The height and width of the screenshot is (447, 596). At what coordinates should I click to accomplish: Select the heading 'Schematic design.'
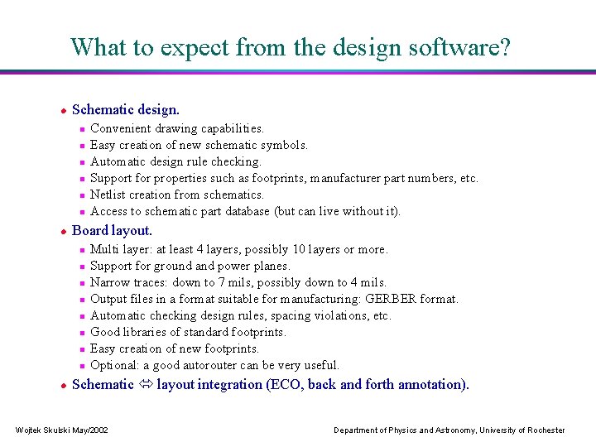[126, 109]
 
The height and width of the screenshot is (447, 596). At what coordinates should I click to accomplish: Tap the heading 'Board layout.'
[113, 230]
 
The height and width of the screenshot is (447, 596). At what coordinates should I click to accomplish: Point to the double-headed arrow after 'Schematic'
[145, 384]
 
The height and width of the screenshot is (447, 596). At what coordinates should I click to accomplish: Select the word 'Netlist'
[108, 195]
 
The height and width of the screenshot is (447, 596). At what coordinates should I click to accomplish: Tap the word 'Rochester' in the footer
[546, 430]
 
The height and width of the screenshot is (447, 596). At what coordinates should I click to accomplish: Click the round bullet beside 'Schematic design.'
[62, 110]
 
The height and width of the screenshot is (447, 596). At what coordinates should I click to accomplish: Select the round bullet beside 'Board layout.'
[62, 231]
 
